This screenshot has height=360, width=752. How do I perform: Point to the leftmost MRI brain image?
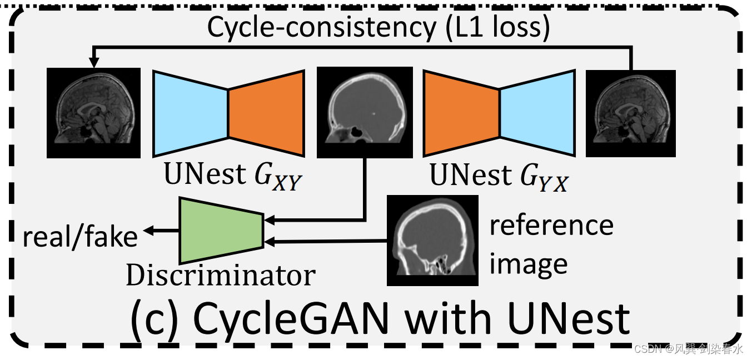pyautogui.click(x=93, y=113)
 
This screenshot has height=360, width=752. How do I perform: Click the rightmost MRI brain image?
pyautogui.click(x=631, y=113)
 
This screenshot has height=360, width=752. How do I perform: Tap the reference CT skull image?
pyautogui.click(x=432, y=240)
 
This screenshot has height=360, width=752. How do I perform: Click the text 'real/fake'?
pyautogui.click(x=80, y=237)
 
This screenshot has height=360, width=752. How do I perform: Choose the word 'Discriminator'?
pyautogui.click(x=221, y=275)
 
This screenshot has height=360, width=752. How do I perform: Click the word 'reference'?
pyautogui.click(x=551, y=225)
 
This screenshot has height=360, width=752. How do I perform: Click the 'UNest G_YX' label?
pyautogui.click(x=499, y=176)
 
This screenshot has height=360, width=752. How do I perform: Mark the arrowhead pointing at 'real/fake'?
pyautogui.click(x=147, y=230)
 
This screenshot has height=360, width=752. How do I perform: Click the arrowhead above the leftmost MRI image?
pyautogui.click(x=93, y=63)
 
